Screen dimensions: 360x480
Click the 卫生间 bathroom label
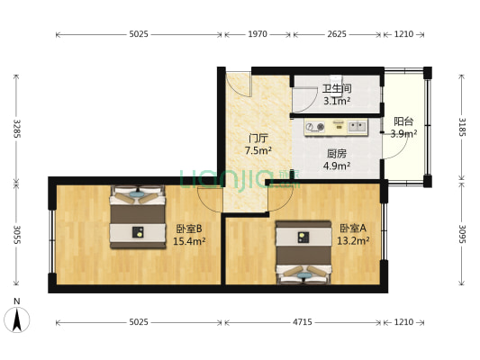point(337,88)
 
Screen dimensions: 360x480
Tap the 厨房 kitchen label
point(337,153)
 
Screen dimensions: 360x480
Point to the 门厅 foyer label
point(259,139)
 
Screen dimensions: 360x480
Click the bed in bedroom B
point(138,217)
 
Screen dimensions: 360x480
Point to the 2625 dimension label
point(337,34)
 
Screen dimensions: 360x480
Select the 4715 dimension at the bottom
point(306,322)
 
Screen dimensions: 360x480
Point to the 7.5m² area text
point(259,151)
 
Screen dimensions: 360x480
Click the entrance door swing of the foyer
point(239,85)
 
